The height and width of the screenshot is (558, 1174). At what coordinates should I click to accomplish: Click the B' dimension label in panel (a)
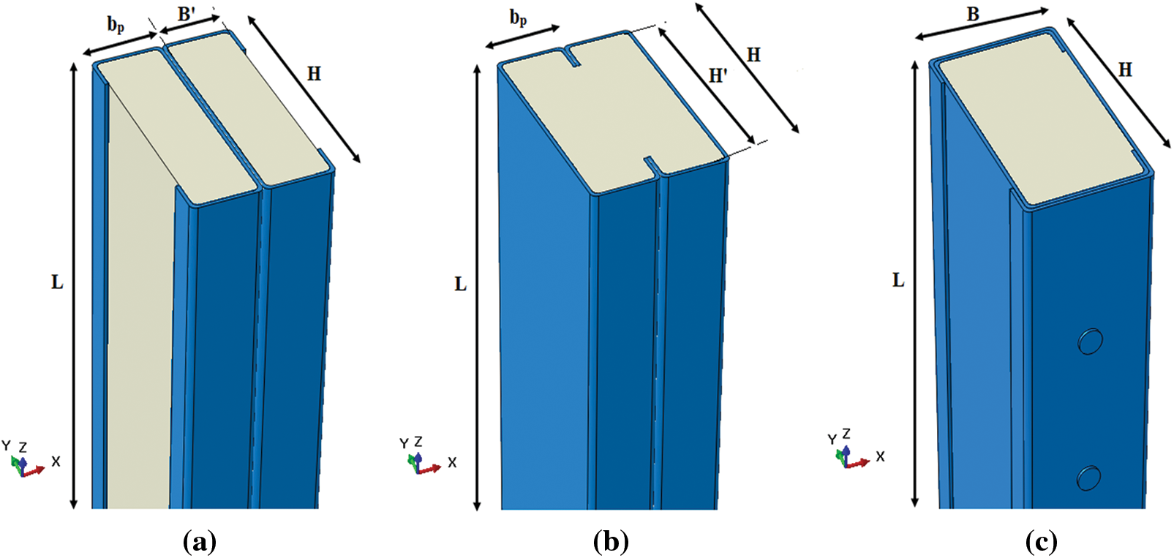pos(187,14)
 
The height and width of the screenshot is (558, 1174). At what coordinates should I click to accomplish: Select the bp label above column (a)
pos(116,24)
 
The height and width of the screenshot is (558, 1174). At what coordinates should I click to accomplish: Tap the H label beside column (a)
pos(314,73)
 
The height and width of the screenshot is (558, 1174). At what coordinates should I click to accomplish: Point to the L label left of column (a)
pos(57,282)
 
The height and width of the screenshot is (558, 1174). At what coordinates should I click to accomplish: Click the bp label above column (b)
pos(518,18)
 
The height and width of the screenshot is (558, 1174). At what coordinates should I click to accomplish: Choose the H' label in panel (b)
pos(718,75)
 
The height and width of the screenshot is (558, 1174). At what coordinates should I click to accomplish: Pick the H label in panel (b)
pos(753,55)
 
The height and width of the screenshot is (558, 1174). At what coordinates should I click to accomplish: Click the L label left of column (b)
pos(460,284)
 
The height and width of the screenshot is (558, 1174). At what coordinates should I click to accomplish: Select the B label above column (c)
pos(973,14)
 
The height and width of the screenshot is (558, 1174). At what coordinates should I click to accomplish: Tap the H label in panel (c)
pos(1125,69)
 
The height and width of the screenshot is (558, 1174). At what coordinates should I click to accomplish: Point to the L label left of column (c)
pos(898,280)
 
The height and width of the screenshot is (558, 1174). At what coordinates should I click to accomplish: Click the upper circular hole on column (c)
pos(1090,342)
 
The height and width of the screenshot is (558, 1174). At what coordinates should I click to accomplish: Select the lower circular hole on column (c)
pos(1088,477)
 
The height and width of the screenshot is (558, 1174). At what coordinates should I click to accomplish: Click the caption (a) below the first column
pos(198,542)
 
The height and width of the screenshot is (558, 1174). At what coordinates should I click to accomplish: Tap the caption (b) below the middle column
pos(611,542)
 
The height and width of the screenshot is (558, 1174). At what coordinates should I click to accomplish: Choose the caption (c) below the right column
pos(1041,542)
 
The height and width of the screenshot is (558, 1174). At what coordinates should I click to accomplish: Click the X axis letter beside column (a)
pos(56,462)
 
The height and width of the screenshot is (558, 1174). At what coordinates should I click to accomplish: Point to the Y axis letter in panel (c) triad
pos(832,440)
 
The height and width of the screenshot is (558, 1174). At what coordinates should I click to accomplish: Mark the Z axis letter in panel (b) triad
pos(418,442)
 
